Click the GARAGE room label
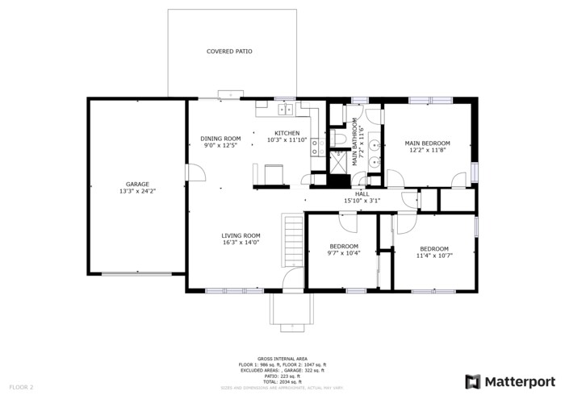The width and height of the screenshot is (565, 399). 136,184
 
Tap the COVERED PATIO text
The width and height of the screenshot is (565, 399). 229,52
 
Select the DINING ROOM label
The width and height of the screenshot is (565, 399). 220,139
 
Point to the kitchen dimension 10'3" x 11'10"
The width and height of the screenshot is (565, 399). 287,140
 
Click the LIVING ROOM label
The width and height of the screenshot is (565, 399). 241,235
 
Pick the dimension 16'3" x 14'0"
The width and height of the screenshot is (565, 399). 241,243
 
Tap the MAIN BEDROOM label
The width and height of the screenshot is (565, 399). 427,143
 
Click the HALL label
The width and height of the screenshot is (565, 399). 362,193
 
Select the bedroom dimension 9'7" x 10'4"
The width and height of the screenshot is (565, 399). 345,253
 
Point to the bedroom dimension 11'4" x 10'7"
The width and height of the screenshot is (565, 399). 434,256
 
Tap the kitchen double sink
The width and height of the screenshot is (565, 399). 286,110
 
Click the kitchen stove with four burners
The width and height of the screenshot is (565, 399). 317,145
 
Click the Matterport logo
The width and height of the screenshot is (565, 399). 510,380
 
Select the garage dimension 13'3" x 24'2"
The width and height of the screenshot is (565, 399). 136,192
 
